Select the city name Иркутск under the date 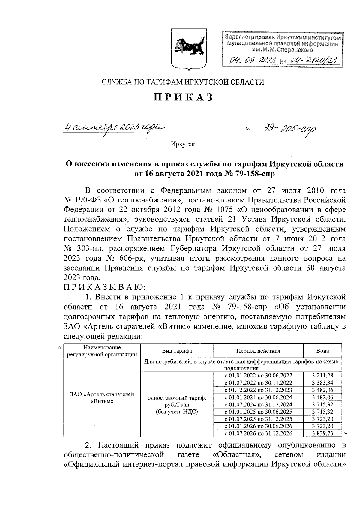pos(183,144)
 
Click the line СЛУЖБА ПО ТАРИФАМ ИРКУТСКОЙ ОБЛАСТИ pos(183,82)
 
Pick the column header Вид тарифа pos(177,351)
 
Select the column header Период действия pos(258,351)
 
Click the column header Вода pos(322,351)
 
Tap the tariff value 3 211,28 pos(322,375)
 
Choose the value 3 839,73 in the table pos(322,433)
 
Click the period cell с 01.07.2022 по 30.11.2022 pos(258,382)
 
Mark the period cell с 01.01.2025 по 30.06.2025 pos(258,412)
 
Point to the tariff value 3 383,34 pos(322,382)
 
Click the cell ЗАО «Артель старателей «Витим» pos(102,398)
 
